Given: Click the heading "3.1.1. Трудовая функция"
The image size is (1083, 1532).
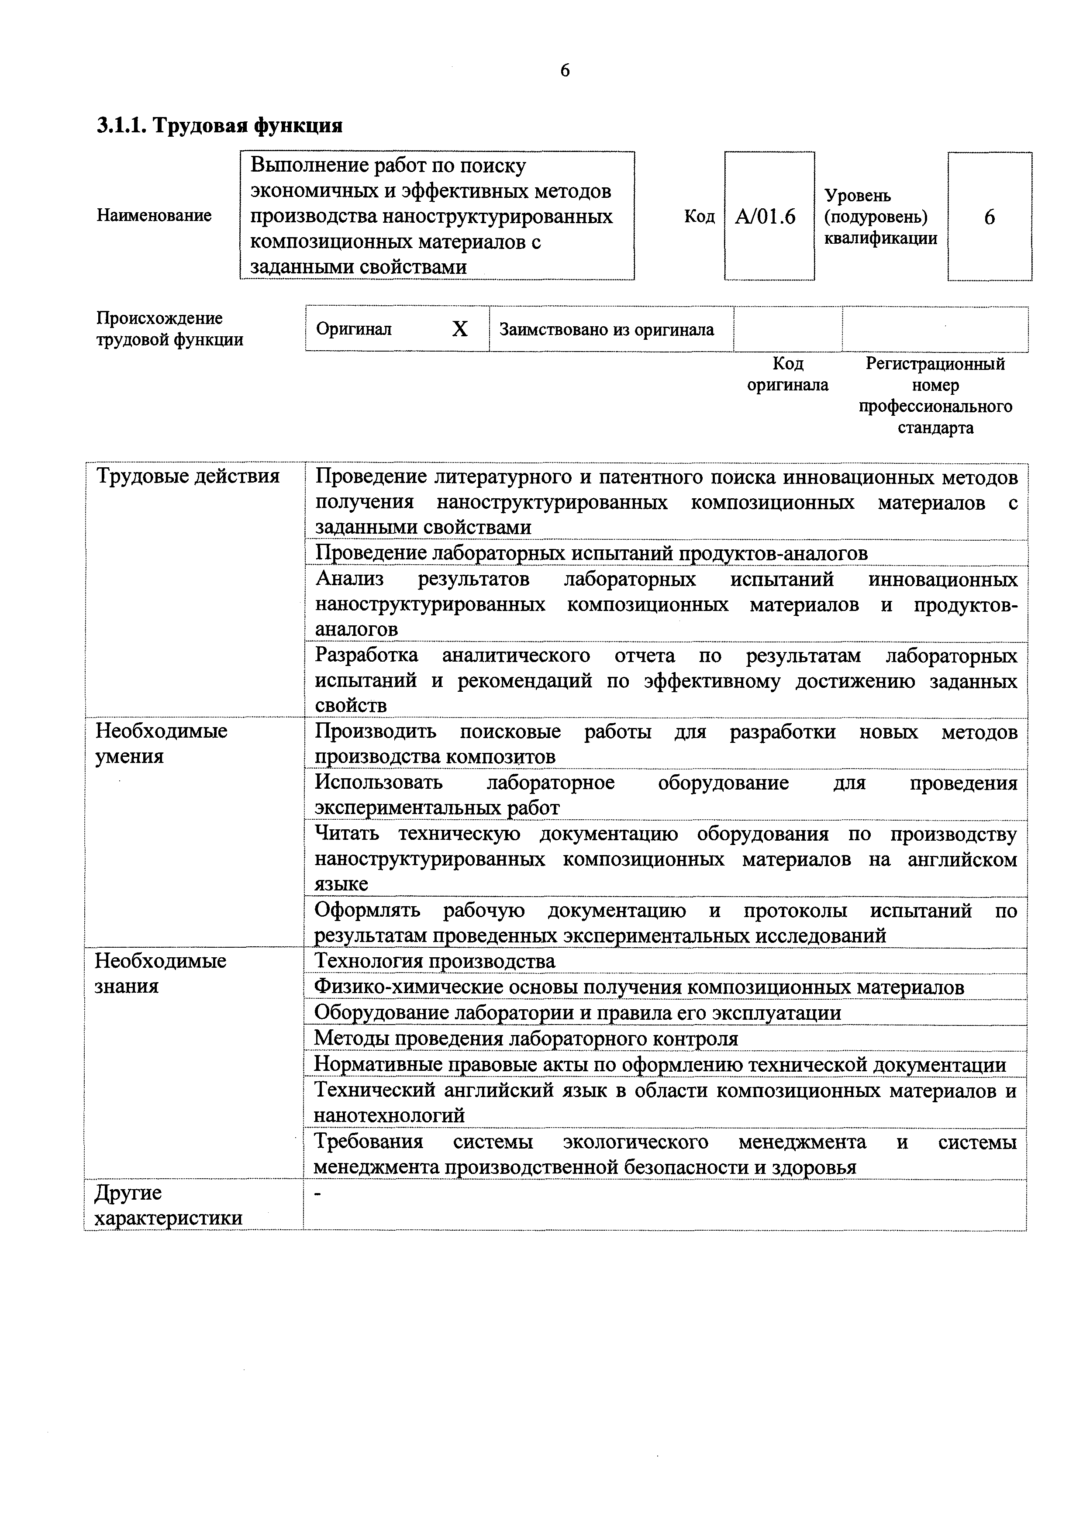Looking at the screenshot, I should (220, 125).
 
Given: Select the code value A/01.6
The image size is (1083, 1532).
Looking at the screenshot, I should (766, 217).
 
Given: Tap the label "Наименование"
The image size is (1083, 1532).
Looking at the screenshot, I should (154, 216).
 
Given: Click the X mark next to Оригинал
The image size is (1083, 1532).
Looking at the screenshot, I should (460, 329).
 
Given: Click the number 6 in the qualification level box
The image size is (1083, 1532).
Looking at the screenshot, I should (989, 217).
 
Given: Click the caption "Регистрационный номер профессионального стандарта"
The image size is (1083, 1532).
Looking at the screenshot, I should (935, 396).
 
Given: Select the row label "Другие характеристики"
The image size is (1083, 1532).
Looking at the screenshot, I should (168, 1205).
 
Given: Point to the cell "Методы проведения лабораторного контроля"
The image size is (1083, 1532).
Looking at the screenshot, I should (526, 1039).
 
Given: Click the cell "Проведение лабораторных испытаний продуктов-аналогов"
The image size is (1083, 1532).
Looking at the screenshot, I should (591, 553).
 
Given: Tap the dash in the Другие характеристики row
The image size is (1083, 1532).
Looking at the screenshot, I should (317, 1194).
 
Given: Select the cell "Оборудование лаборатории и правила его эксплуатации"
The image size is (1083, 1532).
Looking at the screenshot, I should (577, 1013).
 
